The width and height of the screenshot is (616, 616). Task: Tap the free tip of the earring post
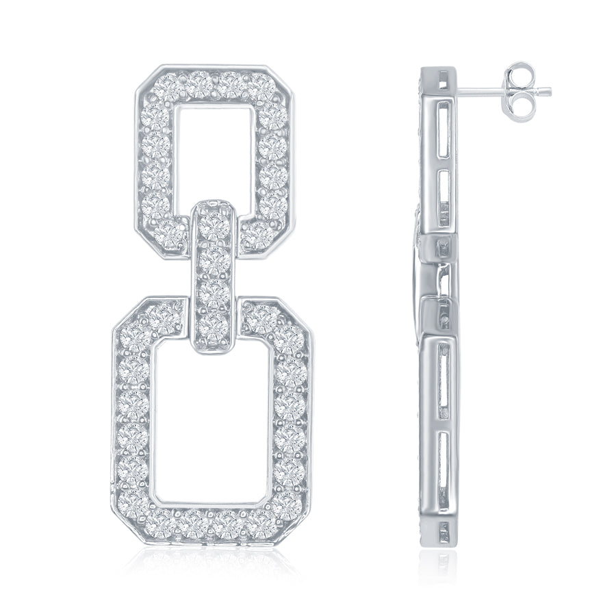(x=549, y=91)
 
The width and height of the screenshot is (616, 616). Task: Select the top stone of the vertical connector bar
(x=215, y=224)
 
